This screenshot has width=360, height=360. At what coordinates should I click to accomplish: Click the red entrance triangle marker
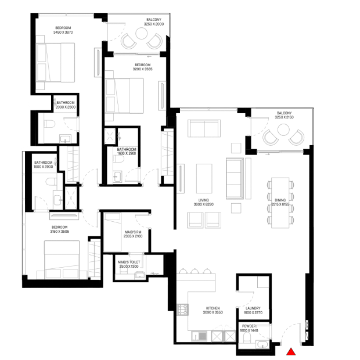pos(291,351)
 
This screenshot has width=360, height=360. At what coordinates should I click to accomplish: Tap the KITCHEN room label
pos(213,308)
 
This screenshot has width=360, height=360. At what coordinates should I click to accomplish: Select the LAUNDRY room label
pos(253,308)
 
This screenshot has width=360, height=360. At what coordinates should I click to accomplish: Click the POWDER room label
pos(249,326)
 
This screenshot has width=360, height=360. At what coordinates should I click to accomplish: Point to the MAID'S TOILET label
pos(129,262)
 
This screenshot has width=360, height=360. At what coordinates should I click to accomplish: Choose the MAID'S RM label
pos(133,232)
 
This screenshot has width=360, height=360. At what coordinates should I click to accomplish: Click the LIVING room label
pos(204,200)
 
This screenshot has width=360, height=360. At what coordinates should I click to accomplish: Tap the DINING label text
pos(280,200)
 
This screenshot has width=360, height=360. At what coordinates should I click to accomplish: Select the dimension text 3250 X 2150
pos(285,117)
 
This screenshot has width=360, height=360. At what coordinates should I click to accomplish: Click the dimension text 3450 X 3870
pos(63,33)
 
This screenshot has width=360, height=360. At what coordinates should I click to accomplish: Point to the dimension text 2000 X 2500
pos(66,107)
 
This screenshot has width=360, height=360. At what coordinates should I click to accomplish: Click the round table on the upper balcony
pos(141,34)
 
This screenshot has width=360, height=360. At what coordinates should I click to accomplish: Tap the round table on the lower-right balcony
pos(283,129)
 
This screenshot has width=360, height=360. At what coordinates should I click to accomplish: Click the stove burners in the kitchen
pos(183,309)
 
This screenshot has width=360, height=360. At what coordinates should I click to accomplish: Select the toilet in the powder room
pos(247,337)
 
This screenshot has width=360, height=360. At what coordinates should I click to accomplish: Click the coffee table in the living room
pos(204,178)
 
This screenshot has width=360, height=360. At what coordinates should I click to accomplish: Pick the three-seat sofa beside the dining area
pos(235,178)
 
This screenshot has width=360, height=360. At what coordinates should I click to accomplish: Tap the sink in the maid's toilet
pos(140,275)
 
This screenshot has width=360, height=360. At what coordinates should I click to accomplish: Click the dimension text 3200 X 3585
pos(143,69)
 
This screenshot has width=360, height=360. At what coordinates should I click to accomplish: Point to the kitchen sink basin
pos(203,336)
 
